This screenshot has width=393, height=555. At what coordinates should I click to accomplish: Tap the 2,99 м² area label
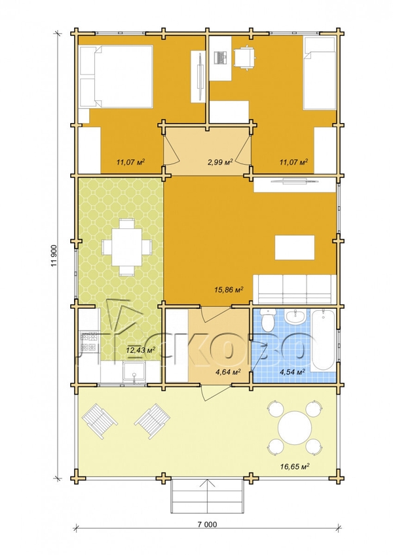[219, 162]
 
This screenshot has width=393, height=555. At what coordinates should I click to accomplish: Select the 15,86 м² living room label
[229, 290]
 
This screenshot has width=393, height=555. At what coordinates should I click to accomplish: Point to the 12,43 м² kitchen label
[141, 350]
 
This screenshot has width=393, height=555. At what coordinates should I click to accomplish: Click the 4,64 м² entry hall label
[228, 372]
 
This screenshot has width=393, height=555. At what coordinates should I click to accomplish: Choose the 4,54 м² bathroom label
[293, 372]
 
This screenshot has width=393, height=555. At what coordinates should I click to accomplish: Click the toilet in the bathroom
[268, 319]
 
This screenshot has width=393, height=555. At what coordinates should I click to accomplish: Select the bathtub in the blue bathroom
[323, 340]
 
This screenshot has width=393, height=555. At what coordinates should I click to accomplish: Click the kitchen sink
[134, 372]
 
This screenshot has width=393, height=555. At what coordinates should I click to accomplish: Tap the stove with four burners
[89, 342]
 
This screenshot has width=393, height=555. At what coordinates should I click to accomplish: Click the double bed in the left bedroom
[116, 76]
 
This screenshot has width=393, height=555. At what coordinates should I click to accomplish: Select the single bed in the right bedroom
[319, 73]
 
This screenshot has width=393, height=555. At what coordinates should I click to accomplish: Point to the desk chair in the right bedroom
[244, 58]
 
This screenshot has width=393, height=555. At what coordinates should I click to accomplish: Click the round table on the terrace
[295, 427]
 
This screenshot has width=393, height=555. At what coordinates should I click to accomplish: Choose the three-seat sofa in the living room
[295, 289]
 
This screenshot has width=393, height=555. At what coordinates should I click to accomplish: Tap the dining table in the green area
[127, 247]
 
